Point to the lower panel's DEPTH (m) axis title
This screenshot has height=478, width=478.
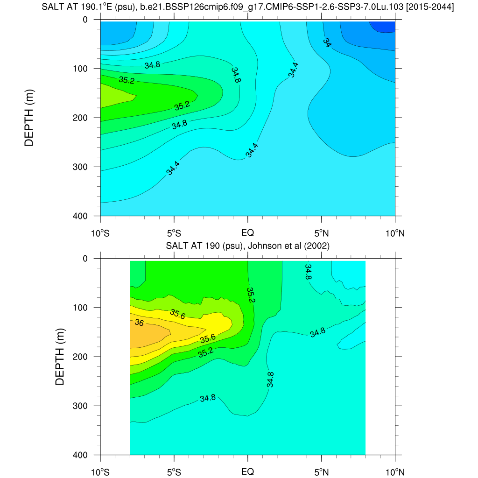(60, 356)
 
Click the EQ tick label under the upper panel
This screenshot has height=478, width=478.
(247, 232)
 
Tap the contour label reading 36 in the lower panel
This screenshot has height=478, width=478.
(139, 323)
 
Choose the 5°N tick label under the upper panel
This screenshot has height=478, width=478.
(321, 232)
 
